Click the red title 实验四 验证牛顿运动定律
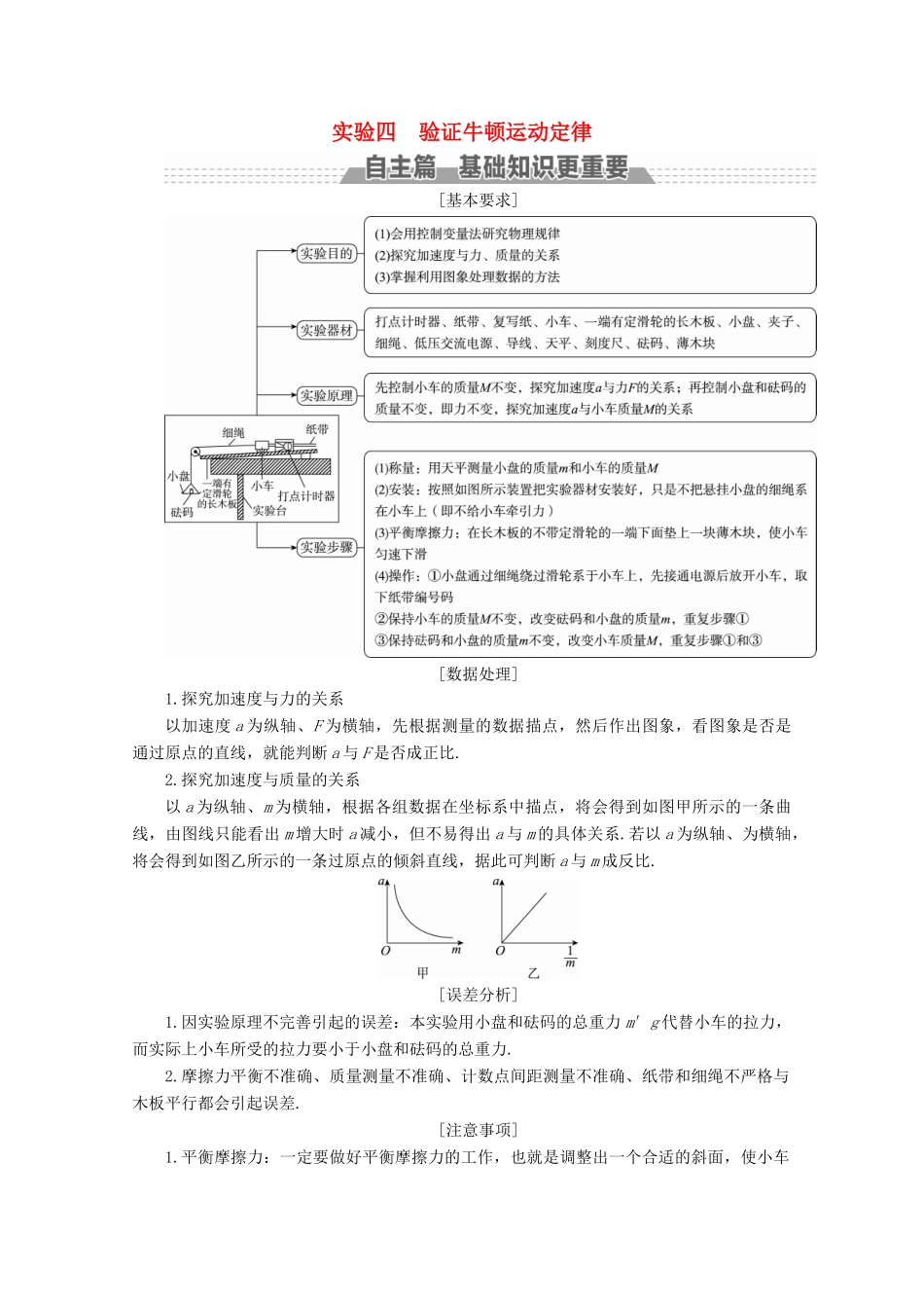click(x=462, y=132)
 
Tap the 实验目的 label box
click(x=326, y=254)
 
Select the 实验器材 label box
click(x=326, y=330)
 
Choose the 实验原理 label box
click(x=326, y=396)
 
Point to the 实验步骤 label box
click(x=326, y=547)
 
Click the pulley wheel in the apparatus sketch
click(x=194, y=451)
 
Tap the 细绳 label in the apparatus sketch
click(x=233, y=433)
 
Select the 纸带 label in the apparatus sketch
click(x=317, y=429)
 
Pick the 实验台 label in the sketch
click(x=269, y=510)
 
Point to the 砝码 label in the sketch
click(x=182, y=512)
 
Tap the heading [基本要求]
click(x=478, y=200)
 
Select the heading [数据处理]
click(x=478, y=673)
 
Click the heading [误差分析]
click(x=478, y=995)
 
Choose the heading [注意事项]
click(x=478, y=1130)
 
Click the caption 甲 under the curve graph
click(x=423, y=972)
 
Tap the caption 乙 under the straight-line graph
click(x=533, y=972)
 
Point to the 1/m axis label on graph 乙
click(x=570, y=957)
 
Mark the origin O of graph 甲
click(x=386, y=951)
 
